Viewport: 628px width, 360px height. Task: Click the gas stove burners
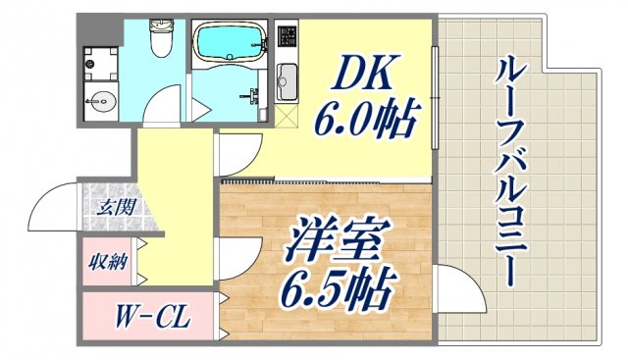click(x=287, y=40)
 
